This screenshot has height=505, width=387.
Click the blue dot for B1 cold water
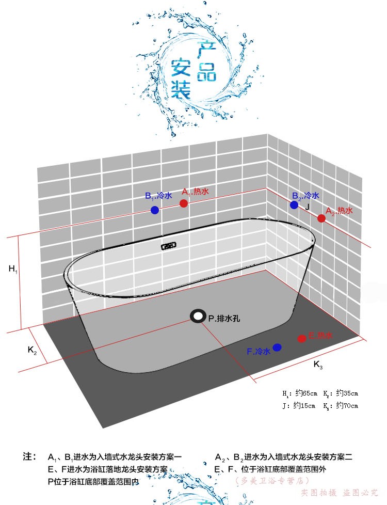155,210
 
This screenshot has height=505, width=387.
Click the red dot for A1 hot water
184,203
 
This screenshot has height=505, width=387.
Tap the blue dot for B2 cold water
294,205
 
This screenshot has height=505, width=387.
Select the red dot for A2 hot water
321,218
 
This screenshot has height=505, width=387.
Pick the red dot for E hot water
302,339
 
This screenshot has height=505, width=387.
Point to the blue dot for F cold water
277,348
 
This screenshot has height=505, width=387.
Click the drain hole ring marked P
197,316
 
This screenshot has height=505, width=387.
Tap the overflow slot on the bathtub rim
167,247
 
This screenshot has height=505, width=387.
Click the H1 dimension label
13,269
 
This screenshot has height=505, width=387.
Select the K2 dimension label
32,350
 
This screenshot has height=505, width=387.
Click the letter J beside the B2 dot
308,207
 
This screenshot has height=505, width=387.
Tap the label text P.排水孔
224,319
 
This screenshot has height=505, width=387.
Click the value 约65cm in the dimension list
305,393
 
